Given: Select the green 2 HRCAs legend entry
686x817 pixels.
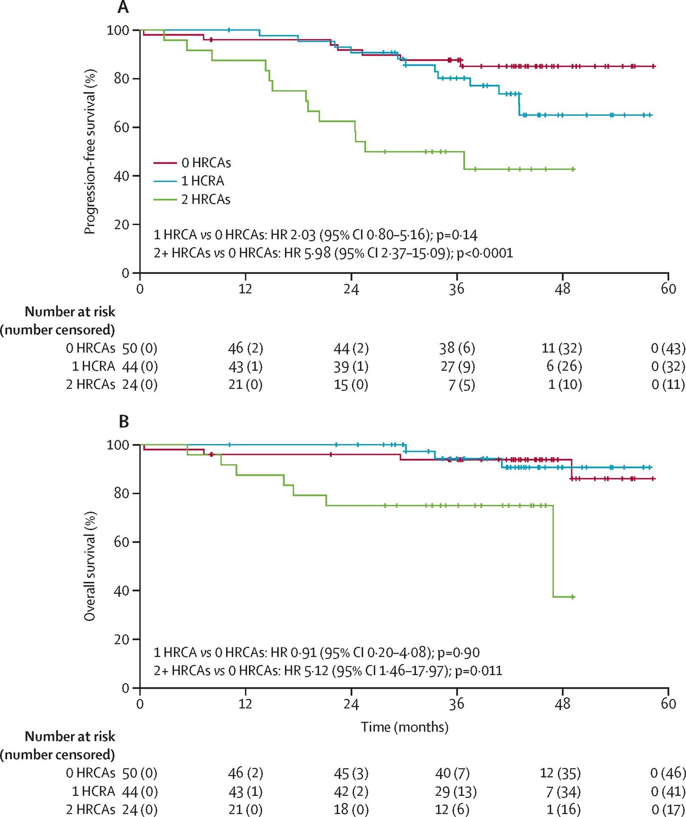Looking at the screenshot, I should (x=192, y=199).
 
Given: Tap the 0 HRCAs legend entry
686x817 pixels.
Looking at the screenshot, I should (x=192, y=163).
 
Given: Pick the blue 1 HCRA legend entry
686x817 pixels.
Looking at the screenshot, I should (x=189, y=181).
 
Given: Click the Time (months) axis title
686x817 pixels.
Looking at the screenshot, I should (x=404, y=727).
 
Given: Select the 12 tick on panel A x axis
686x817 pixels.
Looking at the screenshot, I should (x=245, y=289).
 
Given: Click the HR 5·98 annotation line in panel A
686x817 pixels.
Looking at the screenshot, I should (x=333, y=253).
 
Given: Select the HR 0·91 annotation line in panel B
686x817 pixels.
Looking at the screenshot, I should (x=317, y=652).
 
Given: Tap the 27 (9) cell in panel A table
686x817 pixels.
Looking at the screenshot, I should (x=457, y=366).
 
